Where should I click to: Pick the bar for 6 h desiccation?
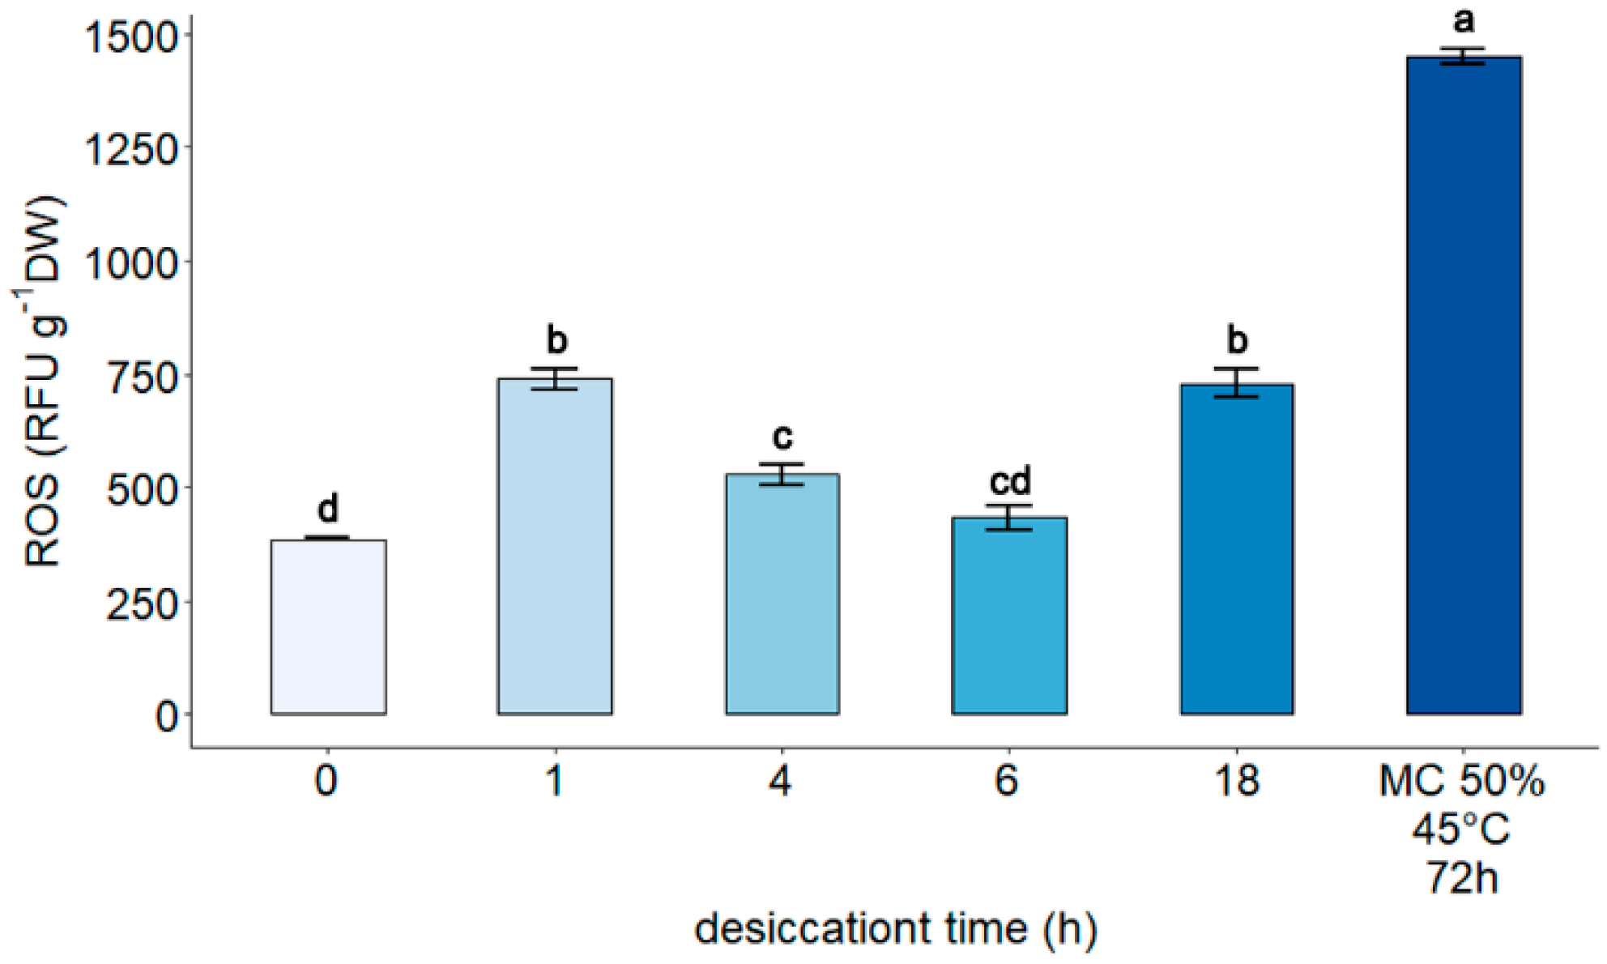(1009, 615)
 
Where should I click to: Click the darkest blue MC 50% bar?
(1464, 385)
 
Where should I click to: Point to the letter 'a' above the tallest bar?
(1464, 20)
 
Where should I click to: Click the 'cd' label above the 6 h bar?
(1010, 481)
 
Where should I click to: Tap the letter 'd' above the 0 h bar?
(327, 508)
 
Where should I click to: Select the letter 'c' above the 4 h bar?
(782, 437)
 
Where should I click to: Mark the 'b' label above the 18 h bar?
(1237, 339)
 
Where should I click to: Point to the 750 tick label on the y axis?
(142, 377)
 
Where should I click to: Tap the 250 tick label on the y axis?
(142, 604)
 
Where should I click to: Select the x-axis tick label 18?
(1237, 781)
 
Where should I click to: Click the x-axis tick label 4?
(780, 781)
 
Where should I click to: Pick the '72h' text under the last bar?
(1462, 877)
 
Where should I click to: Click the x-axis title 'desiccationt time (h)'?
(895, 928)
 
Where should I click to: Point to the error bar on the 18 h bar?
(1237, 382)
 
